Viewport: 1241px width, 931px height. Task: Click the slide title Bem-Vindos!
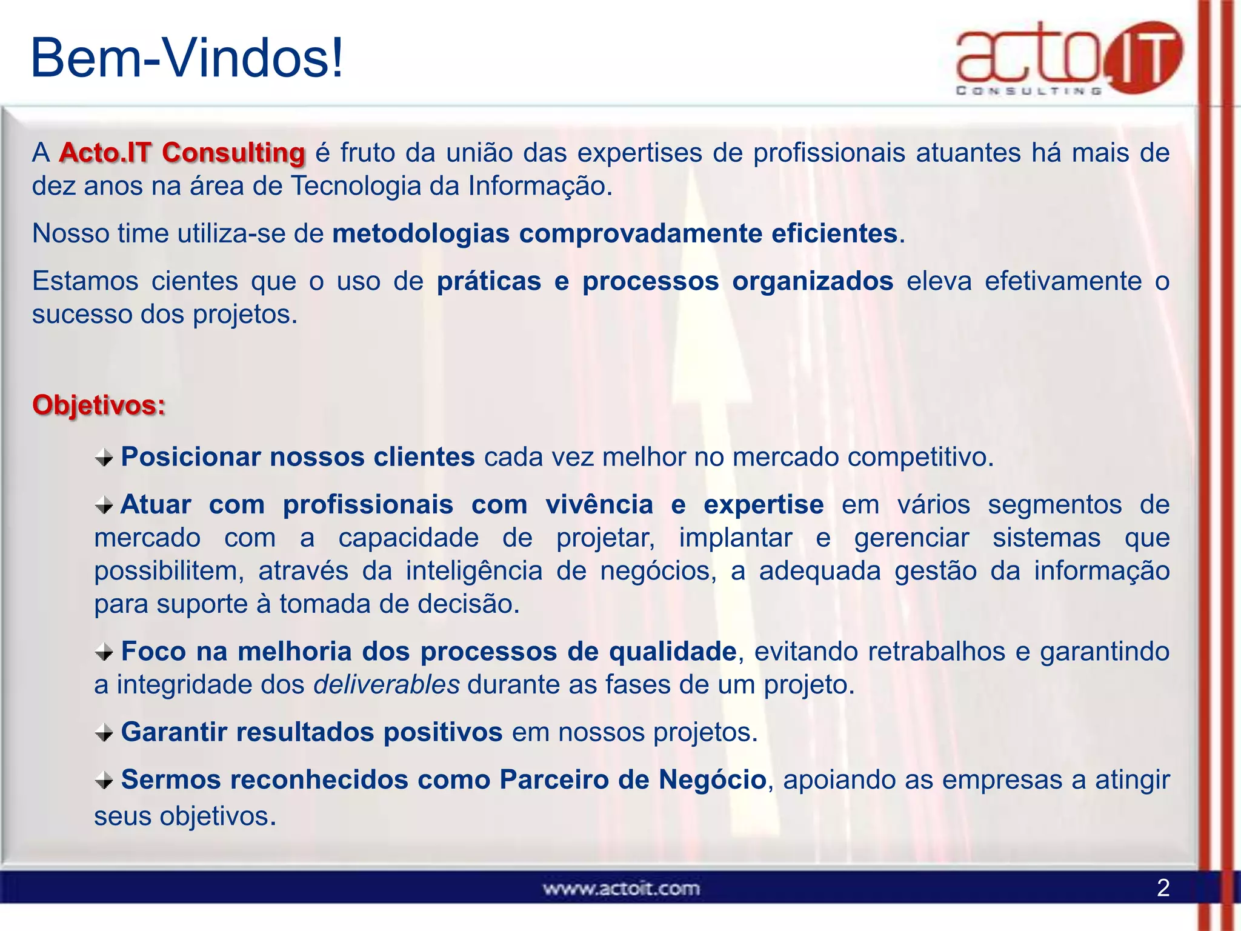tap(187, 59)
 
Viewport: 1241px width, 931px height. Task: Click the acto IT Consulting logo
tap(1069, 58)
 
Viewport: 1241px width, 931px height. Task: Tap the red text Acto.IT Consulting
tap(182, 153)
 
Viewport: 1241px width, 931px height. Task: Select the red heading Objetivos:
tap(99, 405)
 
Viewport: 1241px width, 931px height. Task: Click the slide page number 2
tap(1163, 888)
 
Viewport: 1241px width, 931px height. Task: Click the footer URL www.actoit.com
tap(621, 889)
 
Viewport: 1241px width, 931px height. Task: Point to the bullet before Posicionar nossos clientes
tap(104, 458)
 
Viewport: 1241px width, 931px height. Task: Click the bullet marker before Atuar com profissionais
tap(104, 505)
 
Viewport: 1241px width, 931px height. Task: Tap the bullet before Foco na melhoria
tap(104, 652)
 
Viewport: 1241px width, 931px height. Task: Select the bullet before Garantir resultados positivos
tap(104, 733)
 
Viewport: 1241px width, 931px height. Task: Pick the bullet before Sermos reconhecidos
tap(104, 780)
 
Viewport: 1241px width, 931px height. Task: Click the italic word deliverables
tap(387, 685)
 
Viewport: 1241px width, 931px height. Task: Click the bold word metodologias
tap(421, 234)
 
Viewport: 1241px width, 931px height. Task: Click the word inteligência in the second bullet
tap(474, 572)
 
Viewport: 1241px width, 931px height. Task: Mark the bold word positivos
tap(443, 732)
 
